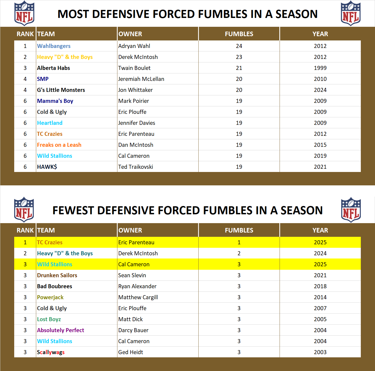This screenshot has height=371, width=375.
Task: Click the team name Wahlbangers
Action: pos(54,46)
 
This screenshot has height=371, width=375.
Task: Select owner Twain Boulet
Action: pos(134,68)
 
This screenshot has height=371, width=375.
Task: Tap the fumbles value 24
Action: pos(239,46)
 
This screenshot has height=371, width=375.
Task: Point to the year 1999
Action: pos(320,68)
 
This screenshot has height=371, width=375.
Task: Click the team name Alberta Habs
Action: pos(53,68)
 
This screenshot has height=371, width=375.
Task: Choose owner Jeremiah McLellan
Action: pos(141,79)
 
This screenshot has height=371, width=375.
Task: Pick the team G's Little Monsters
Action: pos(61,90)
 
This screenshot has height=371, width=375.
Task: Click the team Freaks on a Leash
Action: pos(59,145)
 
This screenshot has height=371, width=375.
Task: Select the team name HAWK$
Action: pos(47,167)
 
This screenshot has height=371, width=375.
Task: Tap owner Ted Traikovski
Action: pos(136,167)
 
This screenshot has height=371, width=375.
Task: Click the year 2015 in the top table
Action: pos(320,145)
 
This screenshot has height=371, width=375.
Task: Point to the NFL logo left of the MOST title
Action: pos(24,13)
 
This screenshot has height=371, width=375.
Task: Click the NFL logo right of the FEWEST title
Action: pos(351,210)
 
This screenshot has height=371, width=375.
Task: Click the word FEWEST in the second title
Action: pos(73,211)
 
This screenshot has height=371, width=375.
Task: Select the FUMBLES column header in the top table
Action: pos(239,34)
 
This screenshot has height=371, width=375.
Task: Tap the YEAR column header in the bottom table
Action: pos(320,230)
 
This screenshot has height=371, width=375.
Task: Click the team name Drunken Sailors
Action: pos(57,275)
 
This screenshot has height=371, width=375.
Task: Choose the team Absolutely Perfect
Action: pos(61,330)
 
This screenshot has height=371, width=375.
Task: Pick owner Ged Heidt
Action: pos(131,352)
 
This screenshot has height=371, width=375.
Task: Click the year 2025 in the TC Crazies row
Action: pos(320,242)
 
